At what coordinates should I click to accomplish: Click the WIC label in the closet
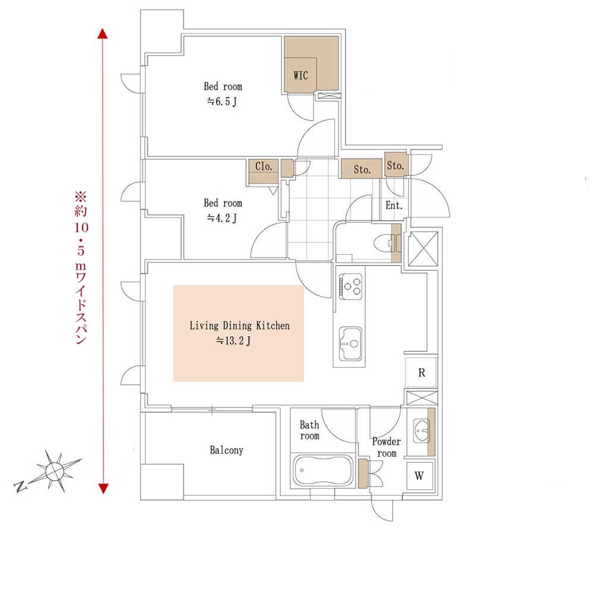[301, 75]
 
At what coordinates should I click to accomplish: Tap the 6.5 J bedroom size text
[222, 102]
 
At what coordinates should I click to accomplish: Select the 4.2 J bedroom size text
[222, 218]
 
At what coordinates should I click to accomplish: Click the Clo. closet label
[264, 166]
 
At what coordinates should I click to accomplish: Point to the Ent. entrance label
[394, 206]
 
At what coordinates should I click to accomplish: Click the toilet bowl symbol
[383, 242]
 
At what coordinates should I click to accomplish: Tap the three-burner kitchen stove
[350, 286]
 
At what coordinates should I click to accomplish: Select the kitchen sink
[350, 343]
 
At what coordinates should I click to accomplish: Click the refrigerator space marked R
[421, 372]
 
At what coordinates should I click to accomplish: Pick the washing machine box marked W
[419, 475]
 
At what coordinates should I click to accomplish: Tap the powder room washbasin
[421, 430]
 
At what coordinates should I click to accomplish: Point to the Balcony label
[226, 450]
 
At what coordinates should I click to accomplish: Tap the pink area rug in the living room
[239, 333]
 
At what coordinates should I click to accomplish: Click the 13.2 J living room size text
[233, 341]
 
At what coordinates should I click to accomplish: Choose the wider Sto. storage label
[362, 169]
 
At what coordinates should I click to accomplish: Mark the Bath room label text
[309, 430]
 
